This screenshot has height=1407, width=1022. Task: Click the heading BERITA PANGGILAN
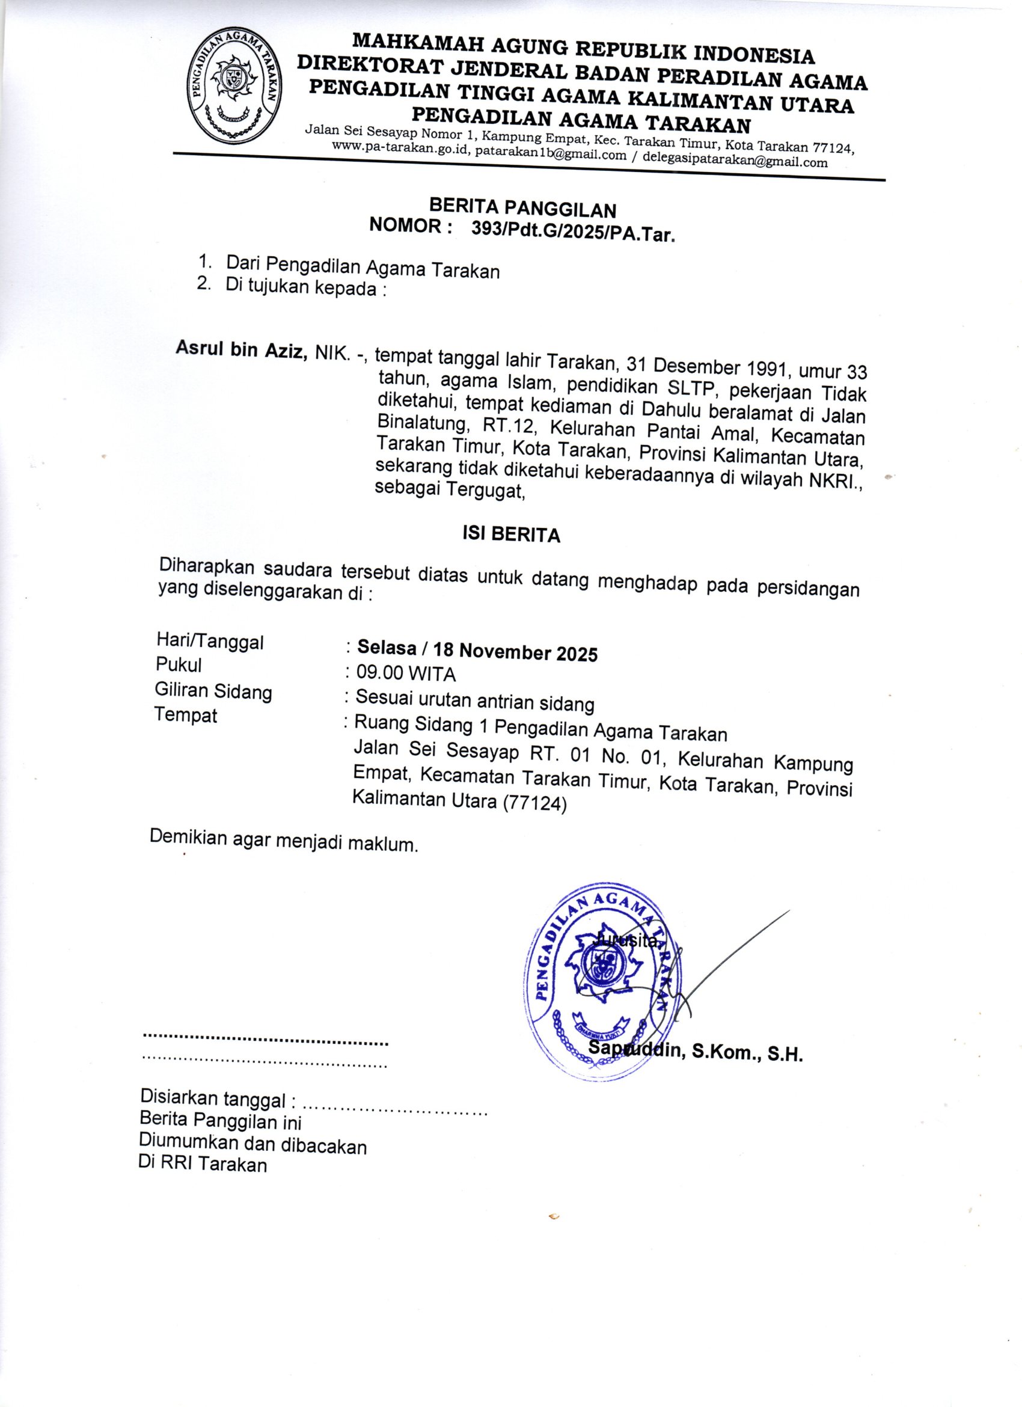523,208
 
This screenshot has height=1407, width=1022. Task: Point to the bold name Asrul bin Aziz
242,349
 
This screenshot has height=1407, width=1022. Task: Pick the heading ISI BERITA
511,534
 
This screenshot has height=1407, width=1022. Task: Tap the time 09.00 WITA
406,673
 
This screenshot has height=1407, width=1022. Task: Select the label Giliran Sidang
213,690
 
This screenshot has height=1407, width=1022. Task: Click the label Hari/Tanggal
210,642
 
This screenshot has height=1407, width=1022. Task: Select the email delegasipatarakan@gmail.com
735,162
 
